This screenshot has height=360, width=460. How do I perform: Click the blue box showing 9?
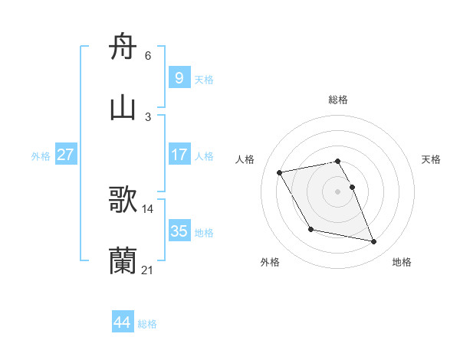pyautogui.click(x=179, y=78)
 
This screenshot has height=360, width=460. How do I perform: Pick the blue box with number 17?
pyautogui.click(x=179, y=155)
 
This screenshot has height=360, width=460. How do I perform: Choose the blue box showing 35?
pyautogui.click(x=179, y=231)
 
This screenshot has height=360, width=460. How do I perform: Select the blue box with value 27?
pyautogui.click(x=65, y=155)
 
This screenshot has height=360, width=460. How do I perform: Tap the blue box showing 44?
pyautogui.click(x=122, y=322)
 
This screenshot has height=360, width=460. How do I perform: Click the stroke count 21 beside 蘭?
pyautogui.click(x=147, y=270)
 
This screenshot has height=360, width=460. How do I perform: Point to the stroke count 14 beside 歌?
pyautogui.click(x=147, y=208)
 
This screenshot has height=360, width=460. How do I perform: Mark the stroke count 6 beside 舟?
pyautogui.click(x=147, y=56)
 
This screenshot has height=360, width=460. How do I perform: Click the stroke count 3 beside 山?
pyautogui.click(x=147, y=116)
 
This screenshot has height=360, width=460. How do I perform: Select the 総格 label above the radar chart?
pyautogui.click(x=338, y=100)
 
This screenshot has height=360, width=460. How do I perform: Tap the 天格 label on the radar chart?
pyautogui.click(x=431, y=159)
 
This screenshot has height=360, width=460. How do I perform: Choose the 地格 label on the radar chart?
pyautogui.click(x=402, y=262)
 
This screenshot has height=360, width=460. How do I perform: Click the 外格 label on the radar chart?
pyautogui.click(x=270, y=262)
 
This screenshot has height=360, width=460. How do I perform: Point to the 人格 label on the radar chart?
pyautogui.click(x=245, y=159)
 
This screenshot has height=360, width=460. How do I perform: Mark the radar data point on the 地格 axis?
pyautogui.click(x=374, y=242)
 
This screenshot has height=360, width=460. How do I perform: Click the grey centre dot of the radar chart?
pyautogui.click(x=338, y=191)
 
